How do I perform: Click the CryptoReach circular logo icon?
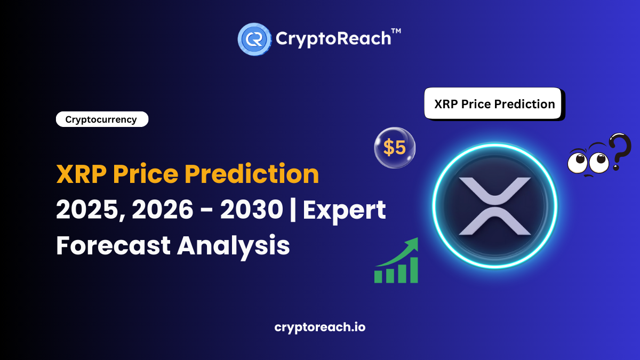(x=254, y=38)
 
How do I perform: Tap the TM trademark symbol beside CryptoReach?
(x=396, y=32)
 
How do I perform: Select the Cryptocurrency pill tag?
(x=101, y=119)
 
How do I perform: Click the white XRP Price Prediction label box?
(x=494, y=103)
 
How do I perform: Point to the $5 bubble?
(x=395, y=148)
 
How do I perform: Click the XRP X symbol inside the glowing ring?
(x=495, y=206)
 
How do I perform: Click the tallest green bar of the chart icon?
(x=412, y=270)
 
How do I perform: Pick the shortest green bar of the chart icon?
(x=379, y=277)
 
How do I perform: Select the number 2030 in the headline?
(x=250, y=211)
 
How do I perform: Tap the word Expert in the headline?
(x=345, y=211)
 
